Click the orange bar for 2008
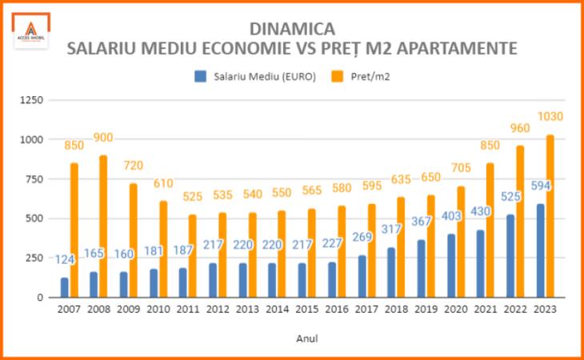coord(103,226)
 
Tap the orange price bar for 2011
coord(193,256)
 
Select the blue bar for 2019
coord(422,268)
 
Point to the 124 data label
coord(66,260)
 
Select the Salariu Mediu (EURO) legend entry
coord(254,77)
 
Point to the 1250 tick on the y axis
coord(31,100)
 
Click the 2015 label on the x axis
coord(308,309)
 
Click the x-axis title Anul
coord(307,338)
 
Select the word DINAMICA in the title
coord(292,30)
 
